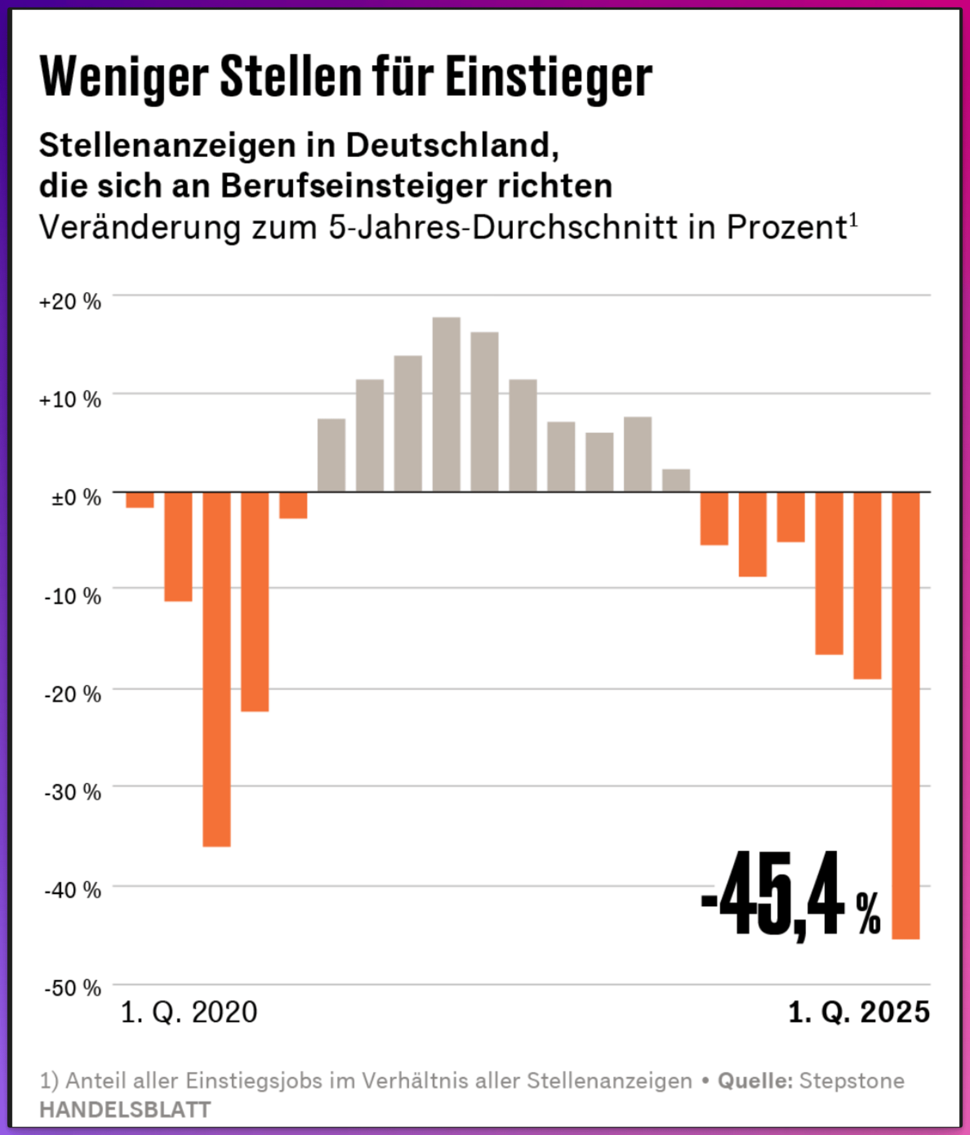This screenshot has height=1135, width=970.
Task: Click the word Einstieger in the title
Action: coord(549,77)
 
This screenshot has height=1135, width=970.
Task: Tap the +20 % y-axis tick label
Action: coord(70,302)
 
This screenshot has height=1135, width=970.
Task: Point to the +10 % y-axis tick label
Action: coord(70,400)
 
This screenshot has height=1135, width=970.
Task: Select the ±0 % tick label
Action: coord(76,498)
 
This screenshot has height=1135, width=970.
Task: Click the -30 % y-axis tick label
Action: coord(73,792)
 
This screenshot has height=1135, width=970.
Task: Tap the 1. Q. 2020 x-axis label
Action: coord(188,1012)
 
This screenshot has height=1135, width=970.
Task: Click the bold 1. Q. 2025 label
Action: coord(859,1012)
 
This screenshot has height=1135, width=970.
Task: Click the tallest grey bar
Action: coord(447,404)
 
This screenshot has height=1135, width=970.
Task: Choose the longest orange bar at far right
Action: coord(906,716)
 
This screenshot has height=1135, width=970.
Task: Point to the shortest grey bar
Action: coord(676,481)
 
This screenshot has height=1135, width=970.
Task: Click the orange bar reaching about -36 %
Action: coord(216,669)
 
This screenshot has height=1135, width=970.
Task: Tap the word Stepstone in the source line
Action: coord(852,1081)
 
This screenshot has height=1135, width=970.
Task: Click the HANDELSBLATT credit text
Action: coord(125,1110)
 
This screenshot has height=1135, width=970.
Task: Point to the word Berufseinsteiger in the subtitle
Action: coord(354,186)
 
